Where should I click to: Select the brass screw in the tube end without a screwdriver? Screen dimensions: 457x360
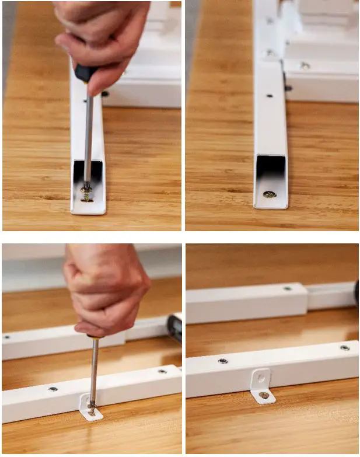[269, 194]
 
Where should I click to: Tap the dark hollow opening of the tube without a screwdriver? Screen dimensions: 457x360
[270, 169]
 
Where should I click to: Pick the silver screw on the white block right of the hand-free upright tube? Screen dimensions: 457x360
[305, 66]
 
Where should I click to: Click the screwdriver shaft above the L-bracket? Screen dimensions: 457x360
[93, 368]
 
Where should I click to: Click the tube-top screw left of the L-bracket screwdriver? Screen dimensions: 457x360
[53, 388]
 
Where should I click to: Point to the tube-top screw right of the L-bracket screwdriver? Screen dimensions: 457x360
[162, 371]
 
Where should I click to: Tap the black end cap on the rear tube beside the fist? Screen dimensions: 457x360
[174, 327]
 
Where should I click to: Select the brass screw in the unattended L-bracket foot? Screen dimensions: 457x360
[264, 395]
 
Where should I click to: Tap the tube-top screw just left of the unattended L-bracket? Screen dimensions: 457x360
[223, 361]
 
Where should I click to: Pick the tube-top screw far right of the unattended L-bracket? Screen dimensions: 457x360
[345, 347]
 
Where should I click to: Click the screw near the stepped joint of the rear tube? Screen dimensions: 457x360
[287, 288]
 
